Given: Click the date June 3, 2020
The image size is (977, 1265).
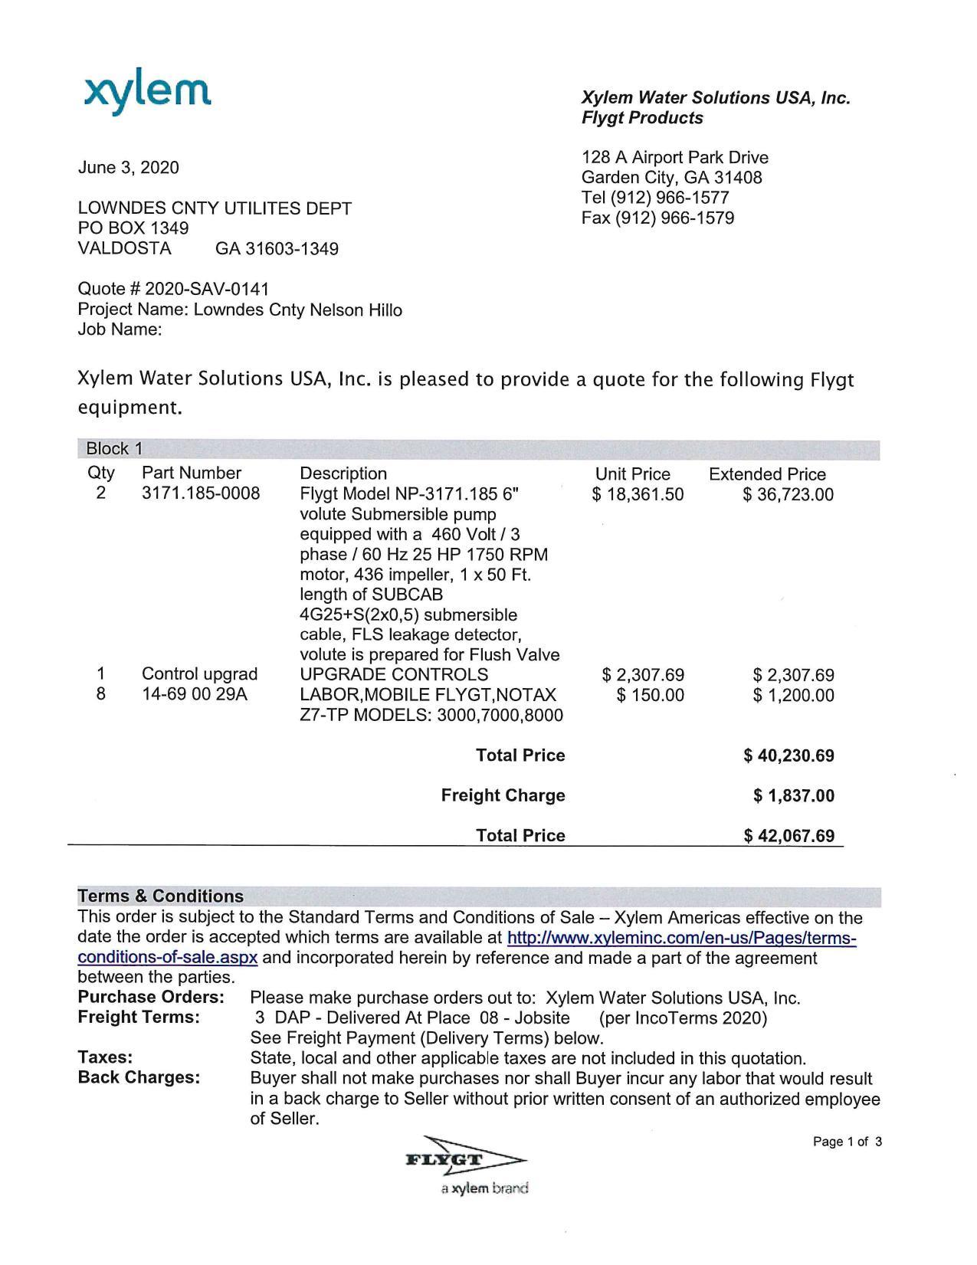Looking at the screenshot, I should pos(129,168).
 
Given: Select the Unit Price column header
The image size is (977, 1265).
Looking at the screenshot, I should pos(632,474).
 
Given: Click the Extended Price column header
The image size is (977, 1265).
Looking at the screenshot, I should pos(767,474).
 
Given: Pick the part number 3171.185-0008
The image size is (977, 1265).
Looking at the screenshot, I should pos(201,494).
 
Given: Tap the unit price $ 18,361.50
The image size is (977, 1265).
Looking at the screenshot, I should pos(638,495).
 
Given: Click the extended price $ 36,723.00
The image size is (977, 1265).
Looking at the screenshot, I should pos(788,495).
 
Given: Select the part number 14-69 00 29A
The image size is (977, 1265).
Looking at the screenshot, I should pos(195,695).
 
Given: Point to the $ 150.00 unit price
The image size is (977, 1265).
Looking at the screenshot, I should pos(651,696).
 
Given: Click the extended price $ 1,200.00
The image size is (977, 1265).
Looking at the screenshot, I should pos(793,696).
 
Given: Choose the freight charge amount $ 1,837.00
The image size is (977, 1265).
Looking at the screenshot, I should pos(793,796).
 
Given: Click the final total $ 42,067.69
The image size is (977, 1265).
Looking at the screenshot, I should pos(788,836).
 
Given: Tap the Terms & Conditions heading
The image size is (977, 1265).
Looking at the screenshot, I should pos(161,896).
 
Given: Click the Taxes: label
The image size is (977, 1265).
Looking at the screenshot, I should pos(105,1058).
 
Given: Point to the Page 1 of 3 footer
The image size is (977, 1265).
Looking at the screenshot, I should pos(847,1142).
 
